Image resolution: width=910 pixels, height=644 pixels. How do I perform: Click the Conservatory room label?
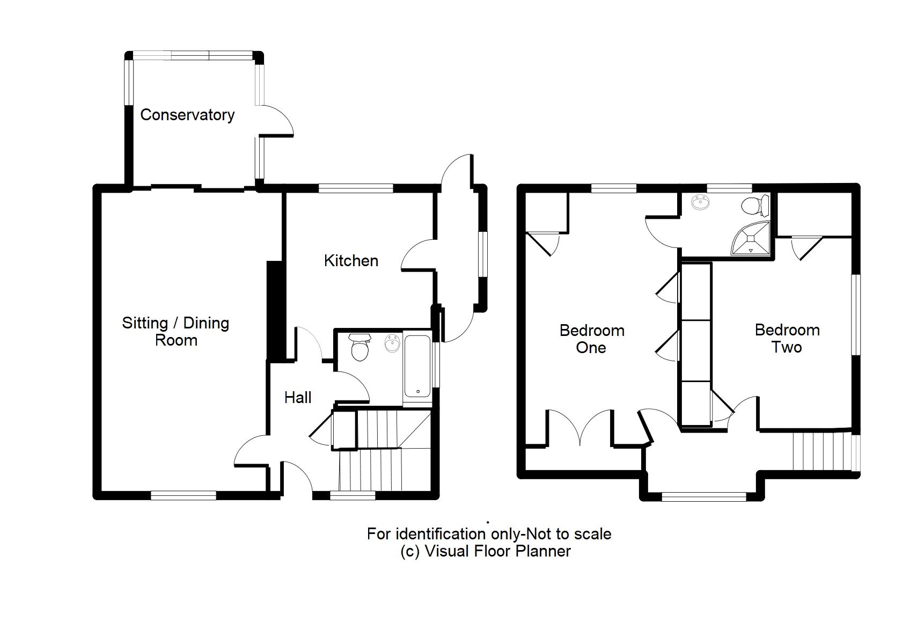coord(187,115)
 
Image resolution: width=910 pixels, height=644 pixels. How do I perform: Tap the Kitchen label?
coord(351,261)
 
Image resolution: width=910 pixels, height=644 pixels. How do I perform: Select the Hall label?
coord(298,398)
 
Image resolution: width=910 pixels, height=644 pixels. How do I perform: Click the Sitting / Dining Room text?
coord(175,331)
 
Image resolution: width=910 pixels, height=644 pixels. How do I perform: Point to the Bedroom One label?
coord(592,339)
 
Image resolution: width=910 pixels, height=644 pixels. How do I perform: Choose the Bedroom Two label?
coord(787,338)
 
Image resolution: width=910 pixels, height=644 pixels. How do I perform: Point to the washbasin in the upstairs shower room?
coord(700,203)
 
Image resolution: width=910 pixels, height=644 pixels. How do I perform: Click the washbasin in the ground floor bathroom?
coord(393,344)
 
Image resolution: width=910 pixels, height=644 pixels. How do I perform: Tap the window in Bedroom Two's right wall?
coord(856,314)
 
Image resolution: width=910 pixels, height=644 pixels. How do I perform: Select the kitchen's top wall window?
coord(356,188)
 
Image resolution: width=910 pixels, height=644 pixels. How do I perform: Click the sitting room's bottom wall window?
coord(183,495)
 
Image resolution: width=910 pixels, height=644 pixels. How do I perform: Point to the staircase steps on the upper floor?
coord(821,451)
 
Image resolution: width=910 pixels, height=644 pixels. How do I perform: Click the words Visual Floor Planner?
coord(497,551)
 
